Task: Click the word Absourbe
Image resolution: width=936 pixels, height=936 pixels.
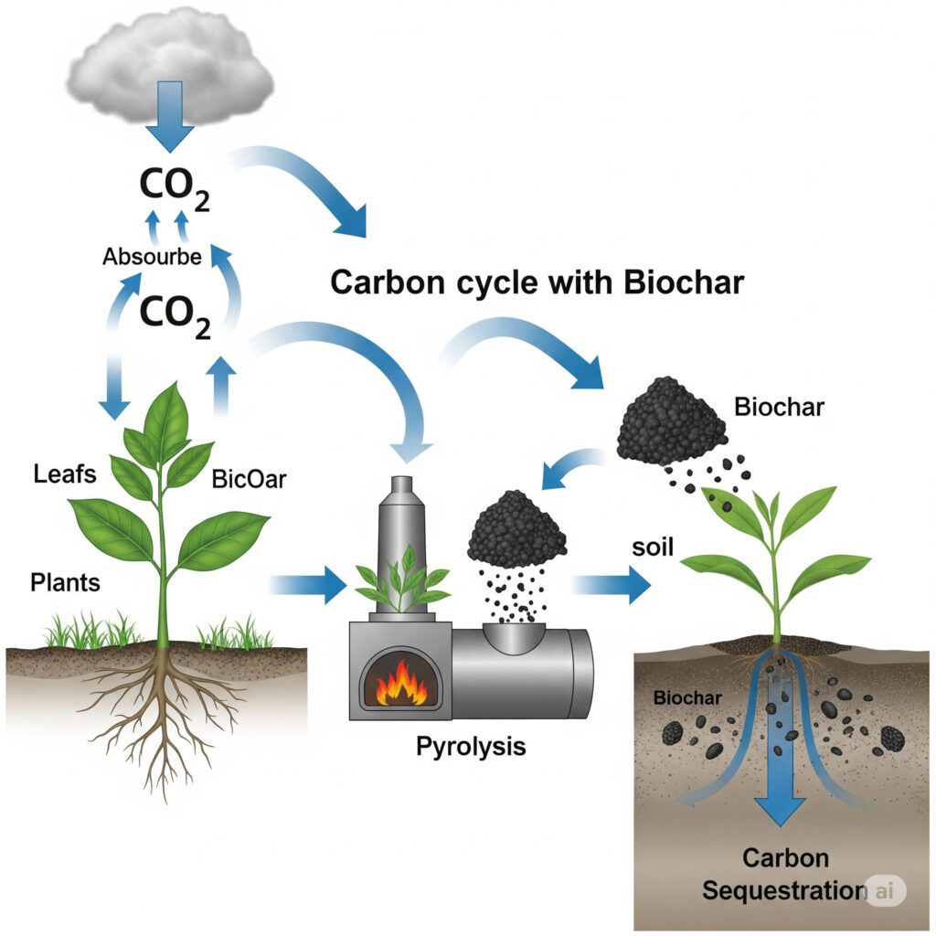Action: [x=152, y=257]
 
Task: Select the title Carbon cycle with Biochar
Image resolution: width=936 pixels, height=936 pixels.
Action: [x=537, y=282]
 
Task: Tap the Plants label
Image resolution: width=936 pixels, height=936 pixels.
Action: [x=65, y=581]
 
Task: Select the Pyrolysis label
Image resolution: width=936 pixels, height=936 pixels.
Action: [x=471, y=745]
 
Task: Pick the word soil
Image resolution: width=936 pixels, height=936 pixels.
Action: [x=652, y=549]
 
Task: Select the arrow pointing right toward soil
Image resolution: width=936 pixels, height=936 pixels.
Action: [x=614, y=583]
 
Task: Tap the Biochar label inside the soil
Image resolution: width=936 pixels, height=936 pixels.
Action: [x=688, y=699]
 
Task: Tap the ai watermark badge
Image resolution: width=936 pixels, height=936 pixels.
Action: [x=884, y=890]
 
